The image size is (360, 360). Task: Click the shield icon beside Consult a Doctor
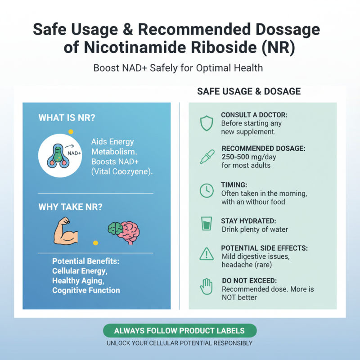coord(206,123)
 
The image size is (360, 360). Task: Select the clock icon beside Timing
coord(206,191)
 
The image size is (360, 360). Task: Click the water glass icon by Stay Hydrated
coord(206,224)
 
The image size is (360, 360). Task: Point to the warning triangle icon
coord(206,254)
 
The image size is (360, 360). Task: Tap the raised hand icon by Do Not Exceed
coord(206,287)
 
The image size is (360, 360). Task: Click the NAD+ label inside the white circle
coord(74,153)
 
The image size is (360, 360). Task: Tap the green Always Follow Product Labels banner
coord(180,331)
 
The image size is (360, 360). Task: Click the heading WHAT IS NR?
coord(67,118)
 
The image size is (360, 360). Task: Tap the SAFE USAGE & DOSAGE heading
coord(249,91)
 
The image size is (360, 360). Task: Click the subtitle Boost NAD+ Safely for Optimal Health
coord(178,68)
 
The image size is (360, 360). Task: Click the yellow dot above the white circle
coord(71,131)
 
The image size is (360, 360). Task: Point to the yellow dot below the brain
coord(95,243)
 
